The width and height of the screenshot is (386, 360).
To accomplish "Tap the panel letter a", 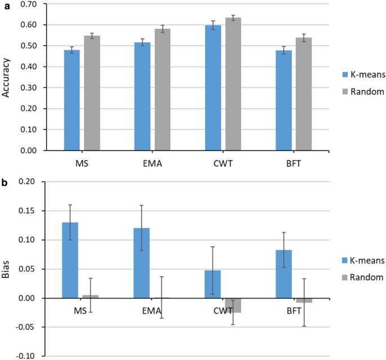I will [x=4, y=4].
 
